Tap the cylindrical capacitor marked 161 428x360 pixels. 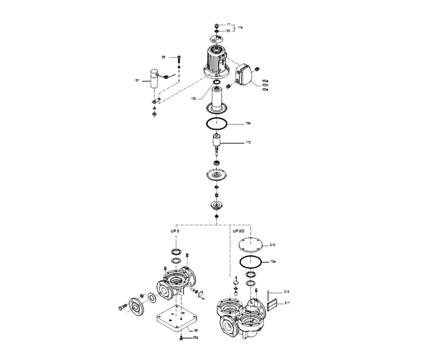coord(155,79)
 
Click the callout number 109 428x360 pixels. coord(193,98)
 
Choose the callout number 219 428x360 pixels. coord(273,245)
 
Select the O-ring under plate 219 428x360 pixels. coord(251,261)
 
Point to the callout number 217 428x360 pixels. coord(287,303)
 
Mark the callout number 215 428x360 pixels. coord(287,292)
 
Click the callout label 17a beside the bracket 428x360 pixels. coord(240,28)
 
